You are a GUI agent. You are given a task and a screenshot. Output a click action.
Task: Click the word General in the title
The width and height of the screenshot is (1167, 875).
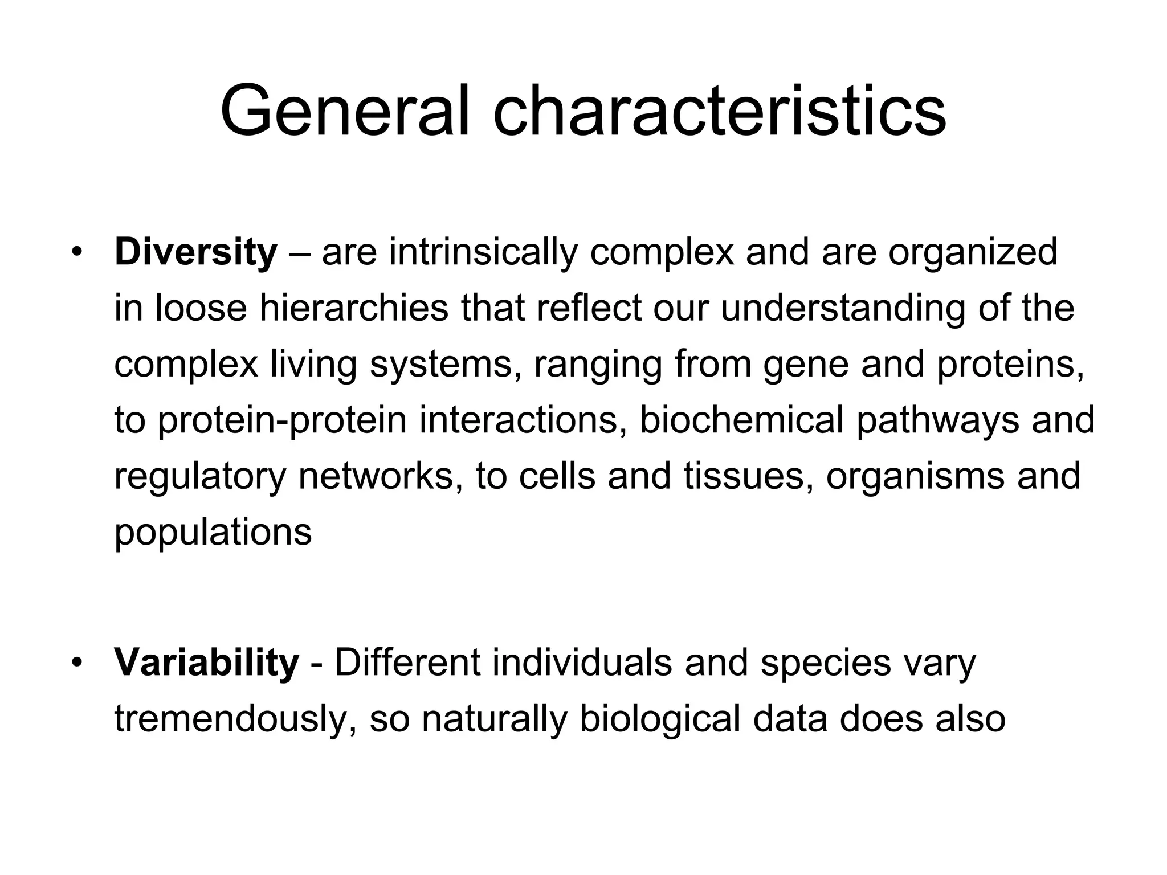click(345, 111)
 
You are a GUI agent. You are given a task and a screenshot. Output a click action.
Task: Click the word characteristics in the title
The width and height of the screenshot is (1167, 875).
click(719, 111)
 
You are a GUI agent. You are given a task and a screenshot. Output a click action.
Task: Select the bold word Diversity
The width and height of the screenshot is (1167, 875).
click(195, 252)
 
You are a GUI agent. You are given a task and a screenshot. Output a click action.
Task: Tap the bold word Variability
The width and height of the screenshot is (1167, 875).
click(206, 663)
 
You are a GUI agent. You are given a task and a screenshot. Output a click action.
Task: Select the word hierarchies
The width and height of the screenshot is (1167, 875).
click(354, 308)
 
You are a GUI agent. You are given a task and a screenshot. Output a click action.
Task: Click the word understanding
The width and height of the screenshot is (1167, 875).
click(843, 308)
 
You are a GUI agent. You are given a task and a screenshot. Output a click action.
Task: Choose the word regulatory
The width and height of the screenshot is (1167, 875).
click(199, 476)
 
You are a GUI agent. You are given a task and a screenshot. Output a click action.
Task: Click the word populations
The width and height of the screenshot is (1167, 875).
click(213, 532)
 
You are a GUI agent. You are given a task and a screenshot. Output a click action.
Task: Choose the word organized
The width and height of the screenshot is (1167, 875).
click(973, 252)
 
